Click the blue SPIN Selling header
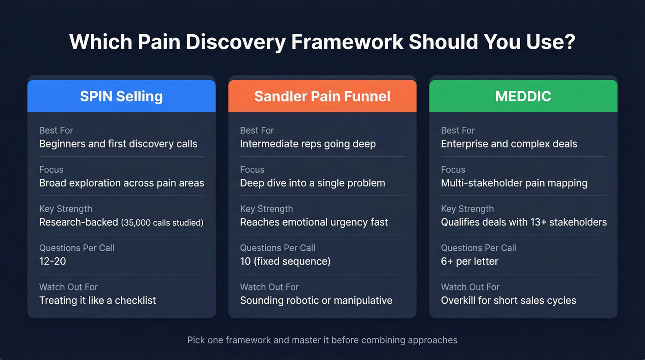click(x=121, y=96)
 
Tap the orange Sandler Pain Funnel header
click(x=322, y=96)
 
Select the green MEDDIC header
click(x=523, y=96)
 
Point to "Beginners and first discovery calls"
click(x=118, y=144)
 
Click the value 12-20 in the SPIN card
click(x=53, y=261)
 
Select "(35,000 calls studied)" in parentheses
click(x=162, y=223)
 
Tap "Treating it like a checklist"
click(x=98, y=301)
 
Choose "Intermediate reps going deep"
click(x=308, y=144)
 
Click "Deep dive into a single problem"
click(x=312, y=183)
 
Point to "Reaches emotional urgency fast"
click(x=314, y=222)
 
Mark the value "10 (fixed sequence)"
click(x=285, y=261)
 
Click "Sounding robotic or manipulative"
click(x=316, y=301)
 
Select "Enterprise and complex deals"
click(x=509, y=144)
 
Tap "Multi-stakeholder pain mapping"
click(x=514, y=183)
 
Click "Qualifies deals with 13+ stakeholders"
click(x=524, y=222)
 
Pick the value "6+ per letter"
click(x=469, y=261)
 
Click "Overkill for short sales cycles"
click(x=508, y=301)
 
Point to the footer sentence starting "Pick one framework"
click(x=322, y=341)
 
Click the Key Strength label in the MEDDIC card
click(x=467, y=209)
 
